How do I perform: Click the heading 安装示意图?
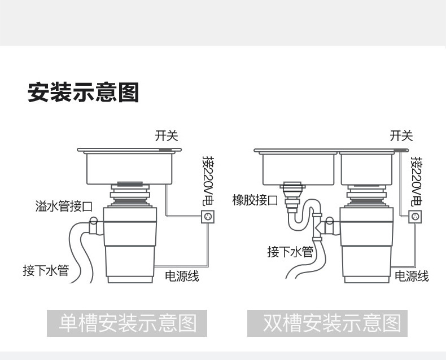pos(83,92)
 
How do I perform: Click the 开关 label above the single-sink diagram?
pos(166,135)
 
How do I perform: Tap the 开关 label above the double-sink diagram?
pos(401,135)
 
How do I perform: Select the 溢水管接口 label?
pos(63,207)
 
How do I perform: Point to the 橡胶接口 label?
pos(255,200)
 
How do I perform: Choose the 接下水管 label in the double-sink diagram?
pos(290,251)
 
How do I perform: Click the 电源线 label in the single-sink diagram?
pos(182,276)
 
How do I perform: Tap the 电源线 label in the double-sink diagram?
pos(412,276)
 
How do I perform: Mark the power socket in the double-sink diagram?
pos(416,216)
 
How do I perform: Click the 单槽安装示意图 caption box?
pos(128,323)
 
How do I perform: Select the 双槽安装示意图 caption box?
pos(332,323)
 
